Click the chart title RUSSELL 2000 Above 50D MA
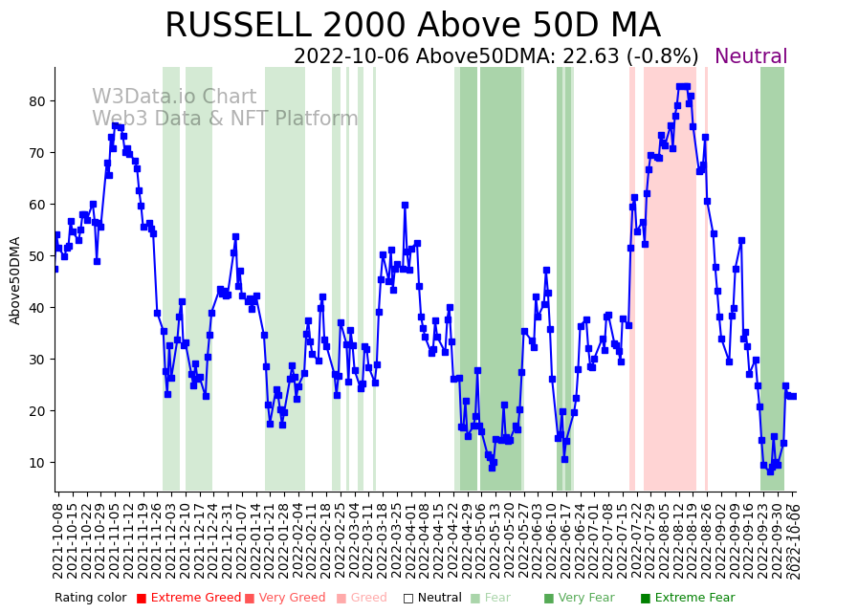click(x=412, y=26)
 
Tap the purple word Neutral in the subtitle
click(x=751, y=57)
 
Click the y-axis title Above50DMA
click(x=15, y=280)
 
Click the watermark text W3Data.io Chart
click(x=174, y=98)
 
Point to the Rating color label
click(x=90, y=599)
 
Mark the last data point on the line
click(x=793, y=396)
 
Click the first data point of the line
click(x=55, y=269)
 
